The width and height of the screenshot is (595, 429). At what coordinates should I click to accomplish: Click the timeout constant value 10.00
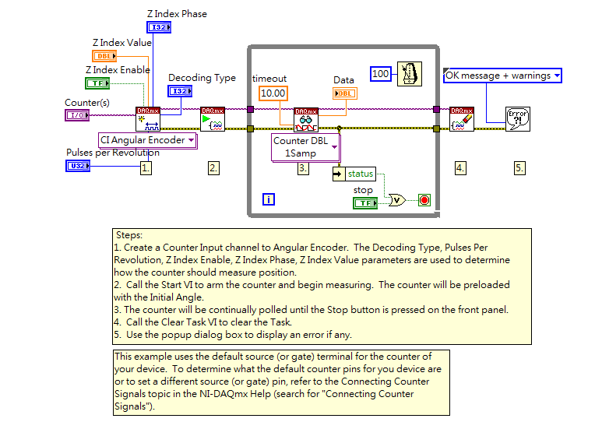point(273,93)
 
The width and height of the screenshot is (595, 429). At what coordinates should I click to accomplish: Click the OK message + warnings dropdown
point(502,76)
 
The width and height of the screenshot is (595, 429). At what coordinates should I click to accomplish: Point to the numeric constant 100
point(380,74)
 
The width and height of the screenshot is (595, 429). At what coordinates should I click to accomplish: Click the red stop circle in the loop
point(424,200)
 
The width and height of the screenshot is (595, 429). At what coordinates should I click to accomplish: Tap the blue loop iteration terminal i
point(269,200)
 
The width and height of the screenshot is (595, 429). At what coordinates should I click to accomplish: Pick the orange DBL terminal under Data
point(345,93)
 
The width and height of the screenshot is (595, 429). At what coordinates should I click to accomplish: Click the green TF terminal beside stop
point(365,203)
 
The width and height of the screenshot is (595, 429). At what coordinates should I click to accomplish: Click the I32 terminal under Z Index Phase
point(158,27)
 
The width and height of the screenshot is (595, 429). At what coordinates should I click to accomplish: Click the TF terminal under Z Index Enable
point(97,83)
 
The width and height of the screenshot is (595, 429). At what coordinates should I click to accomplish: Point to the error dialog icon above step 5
point(517,118)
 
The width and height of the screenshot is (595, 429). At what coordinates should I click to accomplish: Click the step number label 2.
point(213,167)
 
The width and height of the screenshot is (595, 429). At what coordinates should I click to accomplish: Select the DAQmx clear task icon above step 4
point(462,118)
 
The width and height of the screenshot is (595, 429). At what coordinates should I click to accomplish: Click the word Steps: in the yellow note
point(129,234)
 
